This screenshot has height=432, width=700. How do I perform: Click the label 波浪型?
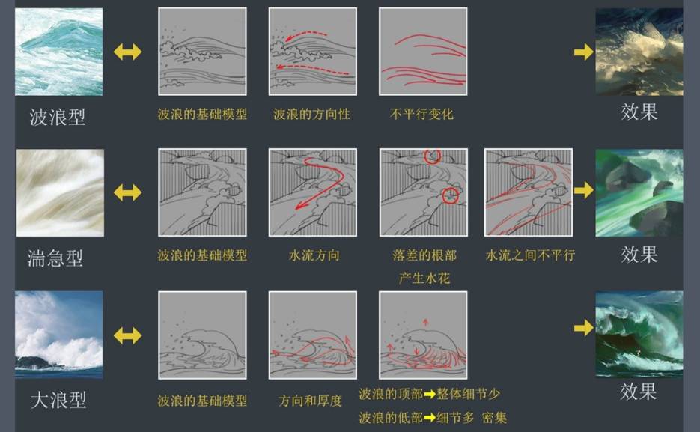(x=57, y=117)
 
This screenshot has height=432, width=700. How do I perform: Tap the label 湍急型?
(x=55, y=258)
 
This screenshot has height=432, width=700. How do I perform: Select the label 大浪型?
(x=58, y=399)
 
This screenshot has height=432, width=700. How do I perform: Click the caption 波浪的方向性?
(x=311, y=115)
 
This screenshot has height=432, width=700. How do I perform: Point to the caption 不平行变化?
(x=421, y=115)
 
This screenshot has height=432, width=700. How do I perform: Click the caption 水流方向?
(x=314, y=255)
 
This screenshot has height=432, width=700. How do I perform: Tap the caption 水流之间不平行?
(x=530, y=255)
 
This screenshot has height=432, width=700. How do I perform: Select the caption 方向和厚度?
(x=310, y=401)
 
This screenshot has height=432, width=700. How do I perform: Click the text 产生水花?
(x=424, y=278)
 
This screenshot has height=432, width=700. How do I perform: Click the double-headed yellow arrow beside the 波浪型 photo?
(x=128, y=52)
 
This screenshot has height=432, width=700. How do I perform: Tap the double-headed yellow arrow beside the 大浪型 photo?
(x=128, y=335)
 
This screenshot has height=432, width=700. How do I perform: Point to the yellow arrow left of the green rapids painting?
(x=584, y=191)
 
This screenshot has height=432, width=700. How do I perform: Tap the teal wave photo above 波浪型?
(x=59, y=52)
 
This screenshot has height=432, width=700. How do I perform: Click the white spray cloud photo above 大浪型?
(x=59, y=335)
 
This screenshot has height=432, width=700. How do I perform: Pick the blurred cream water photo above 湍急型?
(x=61, y=193)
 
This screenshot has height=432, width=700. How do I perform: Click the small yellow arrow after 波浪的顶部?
(x=430, y=394)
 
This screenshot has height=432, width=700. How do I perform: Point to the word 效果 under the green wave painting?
(x=638, y=392)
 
